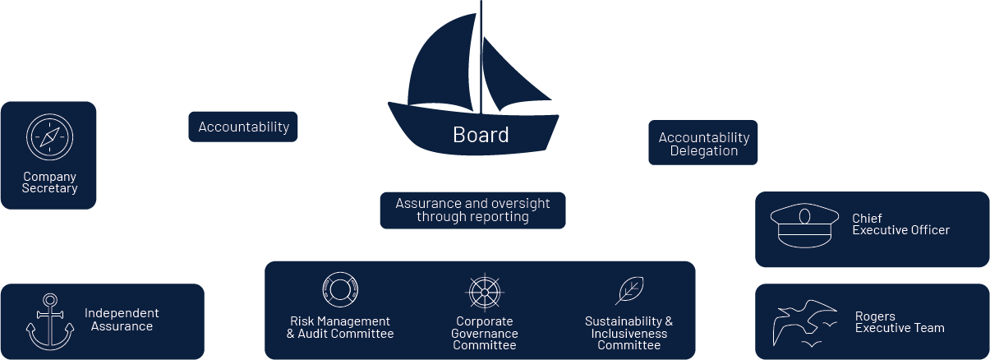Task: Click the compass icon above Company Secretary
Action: tap(49, 136)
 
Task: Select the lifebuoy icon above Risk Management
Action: tap(340, 290)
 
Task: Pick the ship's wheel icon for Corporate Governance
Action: tap(484, 292)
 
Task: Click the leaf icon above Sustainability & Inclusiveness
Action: tap(629, 290)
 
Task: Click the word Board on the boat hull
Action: tap(481, 135)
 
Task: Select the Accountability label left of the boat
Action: tap(243, 127)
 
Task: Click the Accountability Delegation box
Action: tap(703, 144)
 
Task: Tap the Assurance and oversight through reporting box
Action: tap(472, 210)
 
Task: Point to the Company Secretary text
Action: tap(49, 182)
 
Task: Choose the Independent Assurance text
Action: tap(122, 320)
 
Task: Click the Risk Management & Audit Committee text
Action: tap(340, 327)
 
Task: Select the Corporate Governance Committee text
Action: tap(484, 333)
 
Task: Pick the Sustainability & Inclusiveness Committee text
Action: tap(629, 333)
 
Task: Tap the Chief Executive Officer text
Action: tap(900, 224)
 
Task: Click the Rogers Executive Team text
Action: tap(900, 322)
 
